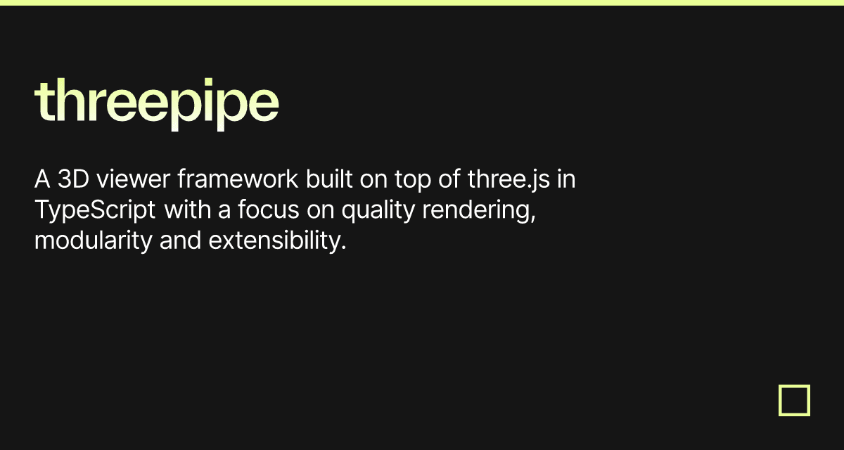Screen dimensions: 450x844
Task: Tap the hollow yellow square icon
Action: pos(794,400)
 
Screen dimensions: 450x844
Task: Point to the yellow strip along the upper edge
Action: pos(422,3)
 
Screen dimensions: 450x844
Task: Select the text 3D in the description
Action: pos(74,180)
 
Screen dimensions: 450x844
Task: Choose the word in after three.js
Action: pos(566,180)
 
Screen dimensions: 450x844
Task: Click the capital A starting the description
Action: pos(42,180)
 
